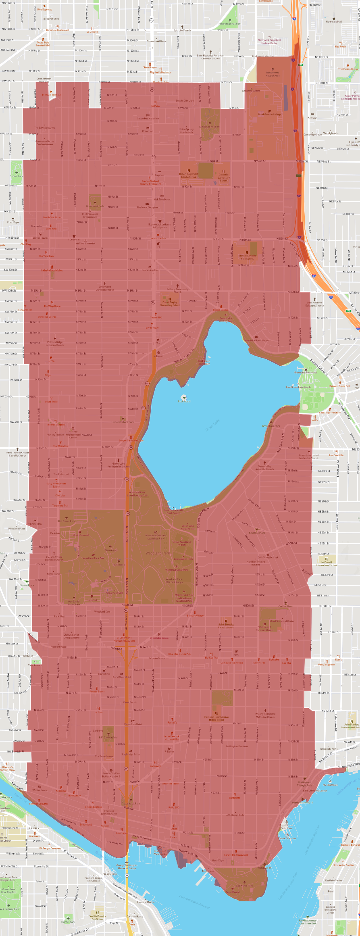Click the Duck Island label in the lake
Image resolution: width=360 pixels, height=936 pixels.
184,401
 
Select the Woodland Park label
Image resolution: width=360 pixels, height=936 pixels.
158,553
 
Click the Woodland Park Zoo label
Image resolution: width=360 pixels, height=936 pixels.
93,558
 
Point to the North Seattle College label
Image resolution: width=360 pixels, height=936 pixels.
270,114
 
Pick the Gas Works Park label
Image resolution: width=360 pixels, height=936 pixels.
245,886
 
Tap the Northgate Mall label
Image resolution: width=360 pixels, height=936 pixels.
334,22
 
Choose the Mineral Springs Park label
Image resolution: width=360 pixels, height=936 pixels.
230,24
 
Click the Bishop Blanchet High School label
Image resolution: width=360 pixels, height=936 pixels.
247,257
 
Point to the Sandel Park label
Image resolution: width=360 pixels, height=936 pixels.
17,176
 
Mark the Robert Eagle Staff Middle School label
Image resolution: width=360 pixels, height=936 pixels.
189,175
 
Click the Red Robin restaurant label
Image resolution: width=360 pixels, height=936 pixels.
341,46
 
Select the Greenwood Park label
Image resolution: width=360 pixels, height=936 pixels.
95,206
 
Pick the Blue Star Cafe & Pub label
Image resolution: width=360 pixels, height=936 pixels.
179,654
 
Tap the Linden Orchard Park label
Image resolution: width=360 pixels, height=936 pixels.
123,422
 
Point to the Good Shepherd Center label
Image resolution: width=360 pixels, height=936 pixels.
282,621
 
